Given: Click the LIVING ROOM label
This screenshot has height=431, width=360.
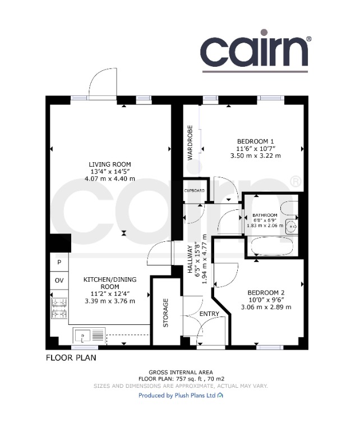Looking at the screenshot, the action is point(109,164).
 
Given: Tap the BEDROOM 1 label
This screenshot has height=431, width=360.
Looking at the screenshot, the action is point(255,141).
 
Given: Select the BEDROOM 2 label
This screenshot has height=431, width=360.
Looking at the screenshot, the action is point(266,293).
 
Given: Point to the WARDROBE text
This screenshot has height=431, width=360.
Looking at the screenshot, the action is point(190,143).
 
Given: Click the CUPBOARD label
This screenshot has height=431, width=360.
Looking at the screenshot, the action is point(195,190).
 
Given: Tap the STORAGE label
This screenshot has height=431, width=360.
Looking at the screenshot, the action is point(165,313).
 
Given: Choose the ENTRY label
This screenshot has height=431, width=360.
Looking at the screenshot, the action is point(209,314).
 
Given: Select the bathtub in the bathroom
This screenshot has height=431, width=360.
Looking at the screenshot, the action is point(272,246).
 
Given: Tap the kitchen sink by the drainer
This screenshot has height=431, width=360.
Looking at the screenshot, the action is point(83,336).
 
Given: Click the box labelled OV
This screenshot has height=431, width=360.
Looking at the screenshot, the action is point(59,281).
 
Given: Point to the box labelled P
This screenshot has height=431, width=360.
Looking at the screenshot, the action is point(59,262).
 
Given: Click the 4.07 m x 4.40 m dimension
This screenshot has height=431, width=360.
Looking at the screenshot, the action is point(110,178).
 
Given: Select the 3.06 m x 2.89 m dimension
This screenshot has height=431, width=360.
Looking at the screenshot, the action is point(266,307).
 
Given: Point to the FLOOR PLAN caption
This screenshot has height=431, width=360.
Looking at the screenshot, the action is point(71,358).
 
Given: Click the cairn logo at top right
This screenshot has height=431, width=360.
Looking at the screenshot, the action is point(256,51).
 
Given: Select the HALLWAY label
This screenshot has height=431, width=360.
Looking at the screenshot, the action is point(190,259).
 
